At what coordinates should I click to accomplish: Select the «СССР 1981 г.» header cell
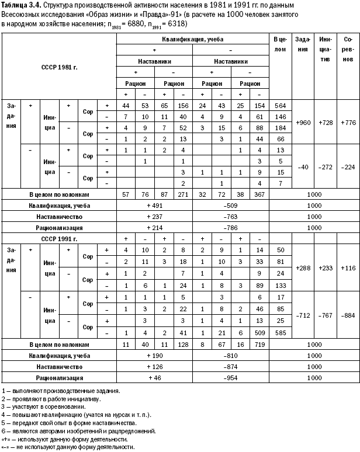coord(60,67)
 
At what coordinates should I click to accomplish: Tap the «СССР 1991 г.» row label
coord(60,239)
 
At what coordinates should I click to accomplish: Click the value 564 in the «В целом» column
coord(280,105)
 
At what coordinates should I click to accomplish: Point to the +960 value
coord(304,124)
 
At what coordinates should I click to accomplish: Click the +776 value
coord(348,124)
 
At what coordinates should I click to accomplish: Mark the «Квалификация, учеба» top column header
coord(193,39)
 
